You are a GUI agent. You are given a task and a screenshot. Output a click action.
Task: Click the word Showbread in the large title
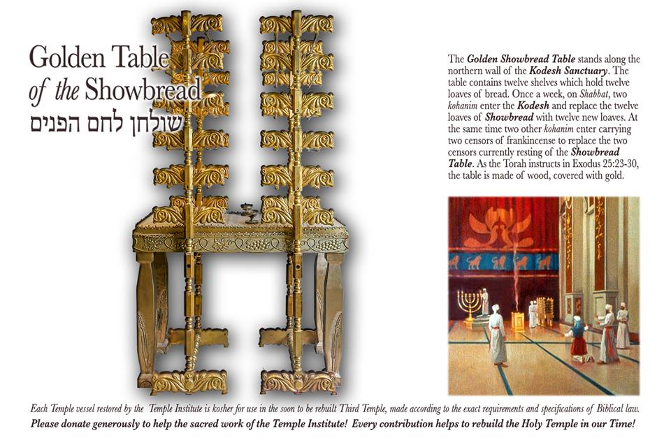143,90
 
